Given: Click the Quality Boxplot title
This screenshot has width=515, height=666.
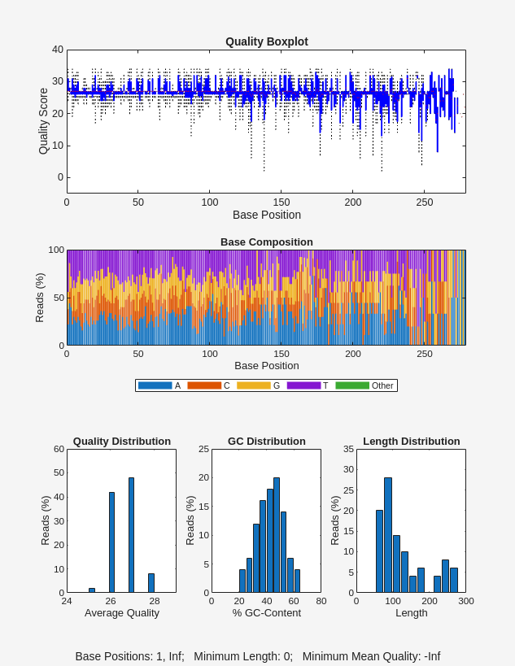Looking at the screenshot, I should click(x=266, y=41).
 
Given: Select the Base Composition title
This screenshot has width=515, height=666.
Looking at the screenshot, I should click(x=266, y=242).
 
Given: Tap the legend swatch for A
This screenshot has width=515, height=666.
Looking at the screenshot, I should click(x=155, y=385).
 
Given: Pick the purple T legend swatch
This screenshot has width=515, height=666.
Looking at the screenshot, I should click(x=303, y=385).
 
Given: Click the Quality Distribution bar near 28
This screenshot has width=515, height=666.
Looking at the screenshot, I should click(x=151, y=583).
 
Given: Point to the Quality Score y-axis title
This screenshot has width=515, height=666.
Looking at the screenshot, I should click(x=44, y=121).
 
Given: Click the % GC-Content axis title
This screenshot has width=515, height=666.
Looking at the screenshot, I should click(x=266, y=613).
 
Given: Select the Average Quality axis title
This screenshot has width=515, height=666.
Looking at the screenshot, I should click(x=121, y=613).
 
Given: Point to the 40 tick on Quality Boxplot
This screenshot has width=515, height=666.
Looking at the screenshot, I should click(x=58, y=50).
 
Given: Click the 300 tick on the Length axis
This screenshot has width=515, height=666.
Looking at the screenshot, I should click(x=465, y=601).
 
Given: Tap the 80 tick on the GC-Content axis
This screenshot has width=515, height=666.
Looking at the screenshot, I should click(x=321, y=601).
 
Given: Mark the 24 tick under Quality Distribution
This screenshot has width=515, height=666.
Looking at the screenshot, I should click(x=67, y=601).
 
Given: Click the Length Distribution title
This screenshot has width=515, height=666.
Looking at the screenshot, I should click(x=411, y=442).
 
